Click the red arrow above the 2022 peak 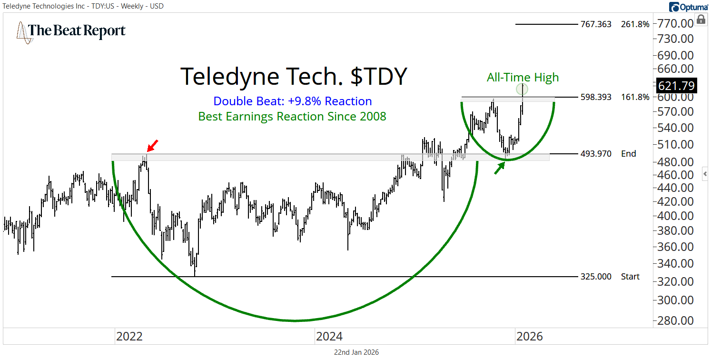(152, 145)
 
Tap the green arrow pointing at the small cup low (499, 168)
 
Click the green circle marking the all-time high (523, 89)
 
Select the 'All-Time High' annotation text (523, 77)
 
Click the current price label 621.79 (676, 86)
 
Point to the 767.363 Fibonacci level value (596, 24)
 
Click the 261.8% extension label (635, 24)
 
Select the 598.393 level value (596, 97)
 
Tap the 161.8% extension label (635, 97)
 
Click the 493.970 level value (596, 154)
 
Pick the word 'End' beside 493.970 (628, 154)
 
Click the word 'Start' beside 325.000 (630, 277)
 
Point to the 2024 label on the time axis (329, 337)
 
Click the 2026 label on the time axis (529, 337)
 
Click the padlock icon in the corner (701, 19)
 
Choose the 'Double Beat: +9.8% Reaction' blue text (292, 101)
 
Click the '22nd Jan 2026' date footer (356, 352)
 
